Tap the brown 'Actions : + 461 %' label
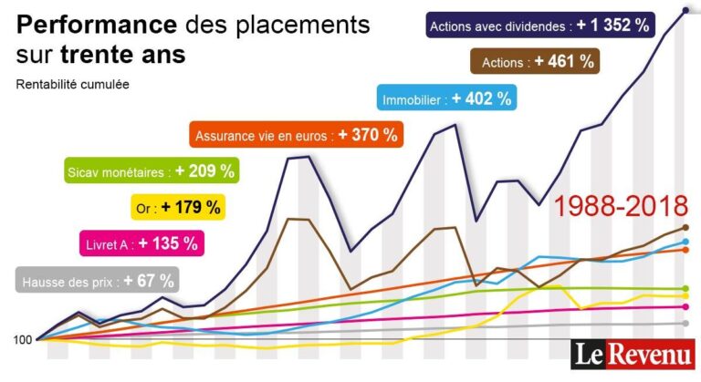(x=535, y=62)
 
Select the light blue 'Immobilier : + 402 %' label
(x=447, y=98)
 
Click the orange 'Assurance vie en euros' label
(x=297, y=135)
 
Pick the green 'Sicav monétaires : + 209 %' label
(x=152, y=170)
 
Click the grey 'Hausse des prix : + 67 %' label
(x=96, y=281)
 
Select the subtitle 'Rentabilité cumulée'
(x=72, y=85)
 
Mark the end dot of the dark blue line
(x=685, y=10)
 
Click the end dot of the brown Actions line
(x=685, y=227)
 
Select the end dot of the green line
(x=685, y=289)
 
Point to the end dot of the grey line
(x=685, y=323)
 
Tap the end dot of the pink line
(x=685, y=306)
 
